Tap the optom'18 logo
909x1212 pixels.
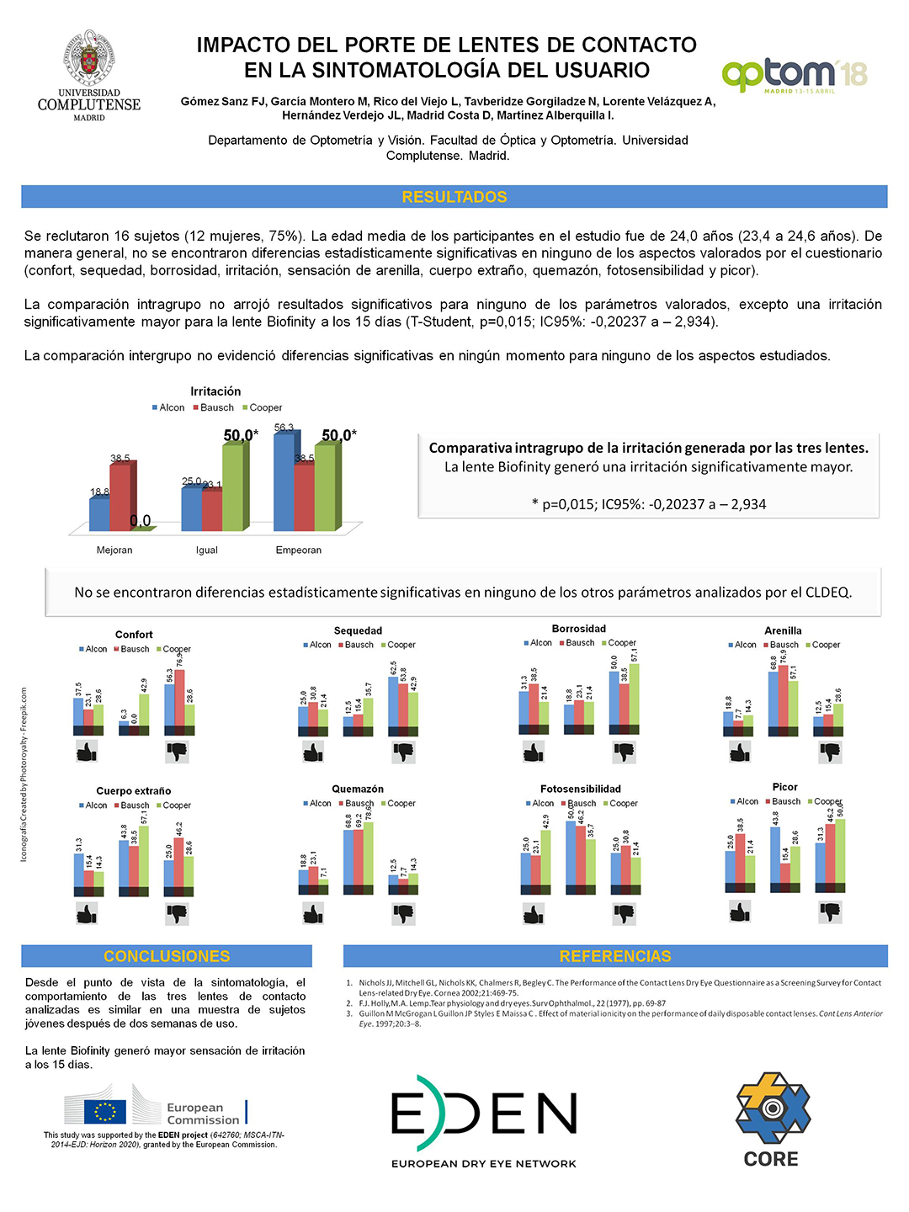[794, 75]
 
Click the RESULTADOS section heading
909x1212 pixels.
[454, 197]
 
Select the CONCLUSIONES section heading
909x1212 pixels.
[167, 956]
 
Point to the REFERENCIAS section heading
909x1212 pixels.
[615, 956]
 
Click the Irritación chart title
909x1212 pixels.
[215, 391]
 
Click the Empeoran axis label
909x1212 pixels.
[299, 550]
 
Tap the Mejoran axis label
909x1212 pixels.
[114, 550]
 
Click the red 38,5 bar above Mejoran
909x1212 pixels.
[121, 497]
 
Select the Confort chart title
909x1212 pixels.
[134, 635]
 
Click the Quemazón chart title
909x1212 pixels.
[358, 789]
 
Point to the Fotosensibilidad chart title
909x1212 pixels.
[581, 789]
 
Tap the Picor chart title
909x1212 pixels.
[785, 787]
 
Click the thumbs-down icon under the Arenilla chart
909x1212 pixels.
[830, 752]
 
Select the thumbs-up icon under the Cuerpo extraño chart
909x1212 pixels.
[87, 913]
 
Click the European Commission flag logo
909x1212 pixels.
[106, 1112]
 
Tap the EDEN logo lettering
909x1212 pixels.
[484, 1114]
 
